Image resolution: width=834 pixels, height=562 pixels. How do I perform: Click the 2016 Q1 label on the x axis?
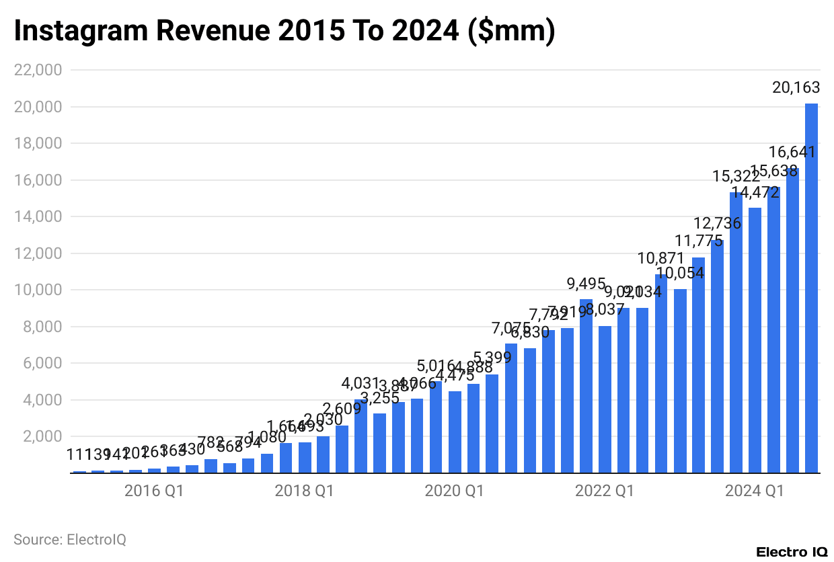tap(154, 492)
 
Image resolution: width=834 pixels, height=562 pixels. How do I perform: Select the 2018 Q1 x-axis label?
tap(304, 492)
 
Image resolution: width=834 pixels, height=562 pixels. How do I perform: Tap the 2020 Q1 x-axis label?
tap(454, 492)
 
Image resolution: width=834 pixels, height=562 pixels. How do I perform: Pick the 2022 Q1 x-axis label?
tap(605, 492)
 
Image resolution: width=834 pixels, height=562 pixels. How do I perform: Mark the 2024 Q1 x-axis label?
tap(755, 492)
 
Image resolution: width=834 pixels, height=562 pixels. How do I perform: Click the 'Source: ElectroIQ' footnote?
tap(70, 539)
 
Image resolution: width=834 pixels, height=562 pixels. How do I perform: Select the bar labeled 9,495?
tap(586, 386)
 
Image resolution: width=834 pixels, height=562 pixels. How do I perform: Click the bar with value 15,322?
tap(736, 333)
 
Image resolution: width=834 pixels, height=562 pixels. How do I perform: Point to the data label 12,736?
tap(718, 223)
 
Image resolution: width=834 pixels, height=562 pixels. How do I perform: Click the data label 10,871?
tap(661, 258)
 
